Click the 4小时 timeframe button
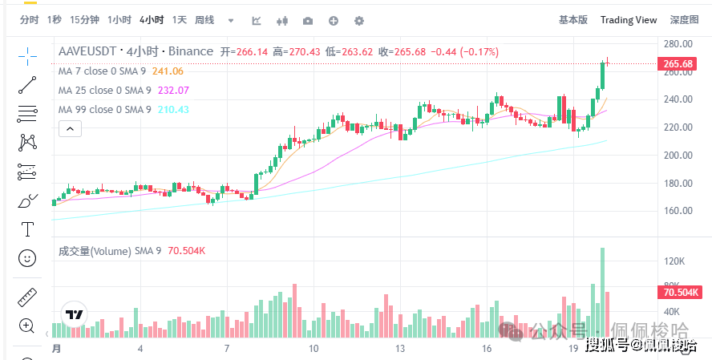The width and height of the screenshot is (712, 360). point(152,20)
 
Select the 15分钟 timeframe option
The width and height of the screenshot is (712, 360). point(84,20)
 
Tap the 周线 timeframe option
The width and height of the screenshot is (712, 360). point(204,20)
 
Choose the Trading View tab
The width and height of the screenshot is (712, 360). point(629,20)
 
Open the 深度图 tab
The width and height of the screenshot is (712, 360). point(684,20)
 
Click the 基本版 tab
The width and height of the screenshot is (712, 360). point(572,20)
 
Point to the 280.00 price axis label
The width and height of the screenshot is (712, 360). point(678,44)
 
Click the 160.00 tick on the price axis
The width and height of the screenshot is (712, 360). point(678,211)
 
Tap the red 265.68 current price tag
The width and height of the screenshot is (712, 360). point(678,63)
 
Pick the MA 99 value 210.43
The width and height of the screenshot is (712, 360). point(172,110)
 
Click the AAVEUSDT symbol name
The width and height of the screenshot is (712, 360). point(87,52)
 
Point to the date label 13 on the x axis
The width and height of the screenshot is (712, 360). point(400,349)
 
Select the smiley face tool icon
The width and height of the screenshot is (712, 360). point(27,258)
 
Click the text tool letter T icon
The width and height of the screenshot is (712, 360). point(27,229)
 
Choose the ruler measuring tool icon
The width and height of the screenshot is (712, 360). point(27,297)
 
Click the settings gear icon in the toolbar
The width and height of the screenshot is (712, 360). point(359,20)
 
